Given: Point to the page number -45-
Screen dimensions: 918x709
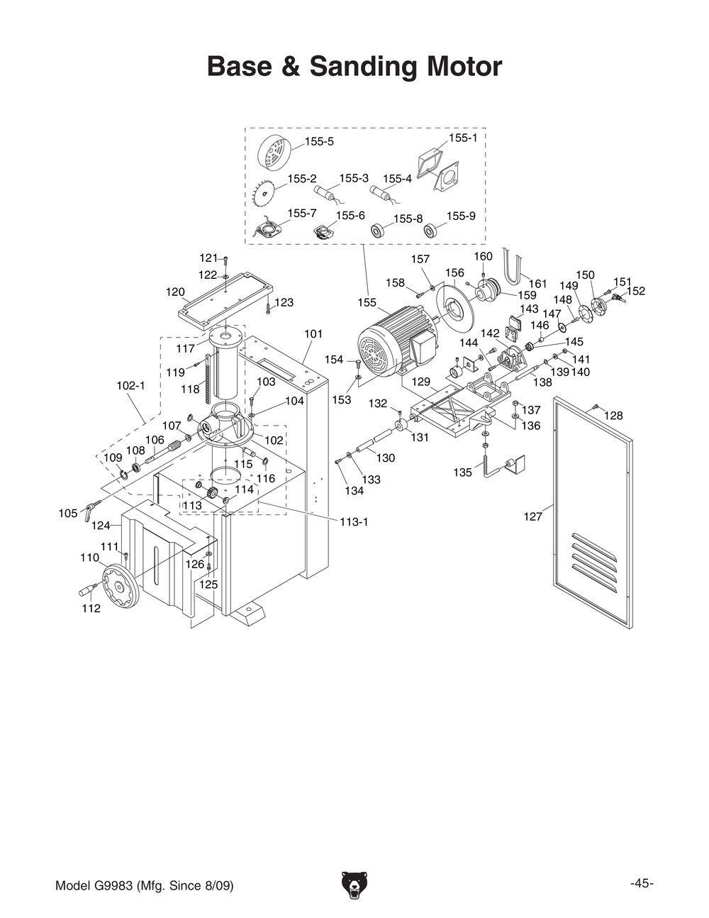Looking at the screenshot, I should [x=641, y=883].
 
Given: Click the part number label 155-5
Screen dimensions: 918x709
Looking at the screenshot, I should [x=319, y=142].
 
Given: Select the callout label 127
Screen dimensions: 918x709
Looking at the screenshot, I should [x=532, y=517].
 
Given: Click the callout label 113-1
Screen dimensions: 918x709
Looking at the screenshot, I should [x=354, y=522].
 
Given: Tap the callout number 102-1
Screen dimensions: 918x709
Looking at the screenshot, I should [x=130, y=386].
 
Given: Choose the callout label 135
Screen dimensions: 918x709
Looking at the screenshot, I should [x=462, y=472].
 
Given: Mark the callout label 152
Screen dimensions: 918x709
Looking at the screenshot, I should [x=636, y=291].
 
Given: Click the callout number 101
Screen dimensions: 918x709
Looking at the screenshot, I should [x=313, y=333].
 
